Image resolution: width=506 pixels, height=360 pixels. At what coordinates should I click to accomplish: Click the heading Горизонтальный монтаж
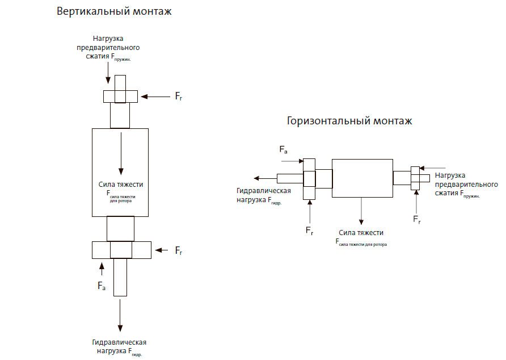[x=349, y=121]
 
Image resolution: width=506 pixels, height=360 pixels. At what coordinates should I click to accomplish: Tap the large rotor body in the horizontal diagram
[x=362, y=178]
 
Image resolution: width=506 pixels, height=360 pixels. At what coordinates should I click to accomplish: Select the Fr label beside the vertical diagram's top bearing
[x=179, y=98]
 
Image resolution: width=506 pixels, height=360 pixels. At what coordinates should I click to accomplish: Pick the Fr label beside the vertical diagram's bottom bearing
[x=179, y=250]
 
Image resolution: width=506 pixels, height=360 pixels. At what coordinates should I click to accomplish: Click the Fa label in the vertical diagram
[x=102, y=286]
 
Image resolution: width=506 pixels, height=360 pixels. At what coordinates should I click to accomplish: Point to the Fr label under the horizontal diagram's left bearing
[x=310, y=231]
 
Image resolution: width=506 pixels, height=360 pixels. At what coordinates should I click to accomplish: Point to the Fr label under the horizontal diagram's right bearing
[x=417, y=219]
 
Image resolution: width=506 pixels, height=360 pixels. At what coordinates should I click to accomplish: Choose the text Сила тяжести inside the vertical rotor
[x=120, y=185]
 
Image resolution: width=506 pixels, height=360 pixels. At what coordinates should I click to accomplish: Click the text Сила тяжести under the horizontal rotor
[x=361, y=233]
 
